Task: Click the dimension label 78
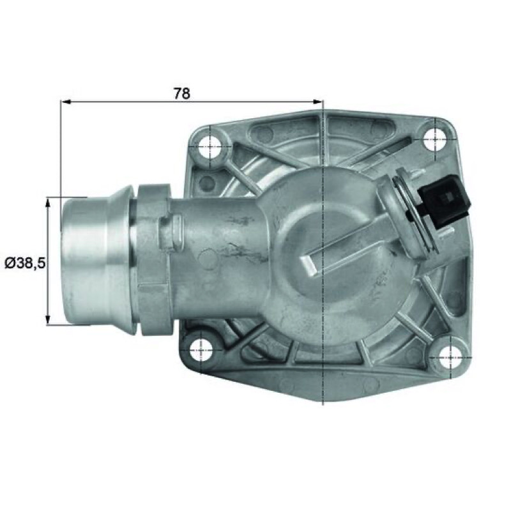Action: pyautogui.click(x=181, y=93)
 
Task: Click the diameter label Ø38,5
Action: pyautogui.click(x=25, y=263)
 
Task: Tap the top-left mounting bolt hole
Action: pyautogui.click(x=211, y=146)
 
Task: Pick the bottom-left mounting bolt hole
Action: pyautogui.click(x=202, y=349)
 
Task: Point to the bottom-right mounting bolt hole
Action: pyautogui.click(x=450, y=357)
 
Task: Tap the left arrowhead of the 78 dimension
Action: pyautogui.click(x=66, y=102)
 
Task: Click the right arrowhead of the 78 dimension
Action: pyautogui.click(x=317, y=102)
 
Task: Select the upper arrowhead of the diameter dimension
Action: pyautogui.click(x=48, y=202)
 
